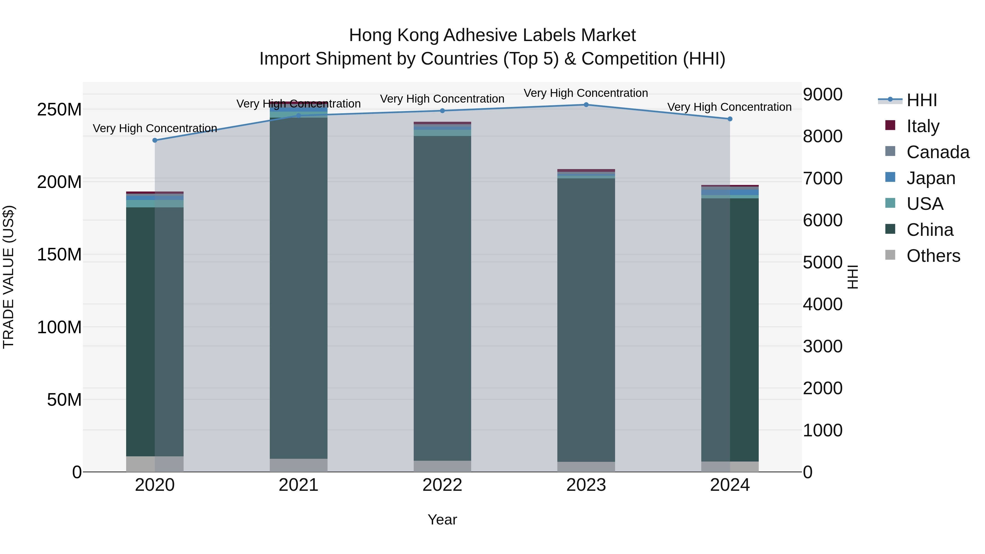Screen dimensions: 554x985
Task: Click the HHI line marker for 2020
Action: [x=155, y=140]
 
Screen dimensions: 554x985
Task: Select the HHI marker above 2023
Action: [x=586, y=105]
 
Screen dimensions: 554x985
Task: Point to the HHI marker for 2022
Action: [x=442, y=111]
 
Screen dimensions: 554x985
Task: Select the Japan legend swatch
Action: [x=890, y=177]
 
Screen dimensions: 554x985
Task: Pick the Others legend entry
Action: [x=933, y=256]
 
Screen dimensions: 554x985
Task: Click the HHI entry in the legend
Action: [x=922, y=100]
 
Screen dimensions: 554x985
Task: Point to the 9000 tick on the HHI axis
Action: [x=822, y=94]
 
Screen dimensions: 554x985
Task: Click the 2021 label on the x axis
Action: [x=298, y=485]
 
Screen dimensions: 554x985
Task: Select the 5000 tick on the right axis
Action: [x=822, y=263]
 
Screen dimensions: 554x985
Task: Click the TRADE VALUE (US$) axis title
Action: [x=9, y=277]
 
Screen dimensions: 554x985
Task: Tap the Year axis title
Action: [x=442, y=520]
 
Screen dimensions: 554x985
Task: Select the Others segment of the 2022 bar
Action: [x=442, y=466]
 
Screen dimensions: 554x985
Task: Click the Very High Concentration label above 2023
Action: [x=586, y=93]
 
